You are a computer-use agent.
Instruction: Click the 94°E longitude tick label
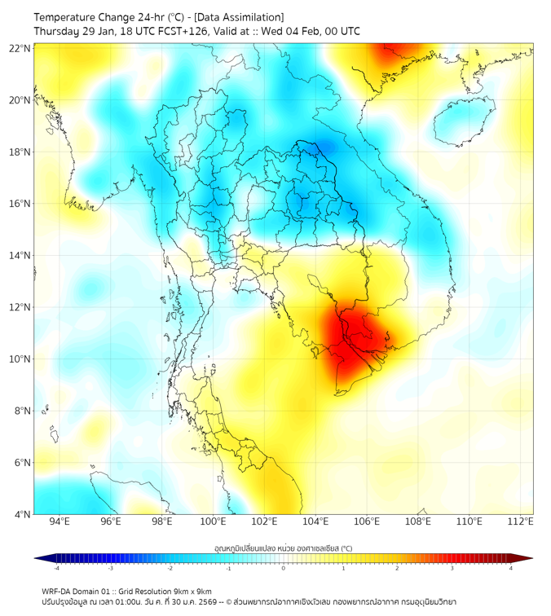coord(60,521)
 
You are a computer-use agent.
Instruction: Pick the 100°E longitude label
coord(214,521)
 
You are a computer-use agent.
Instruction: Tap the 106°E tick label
coord(368,521)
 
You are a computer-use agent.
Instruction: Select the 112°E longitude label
coord(521,521)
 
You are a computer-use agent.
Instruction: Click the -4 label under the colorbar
coord(55,569)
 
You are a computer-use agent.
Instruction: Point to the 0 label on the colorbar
coord(284,569)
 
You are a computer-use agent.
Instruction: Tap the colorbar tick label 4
coord(511,569)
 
